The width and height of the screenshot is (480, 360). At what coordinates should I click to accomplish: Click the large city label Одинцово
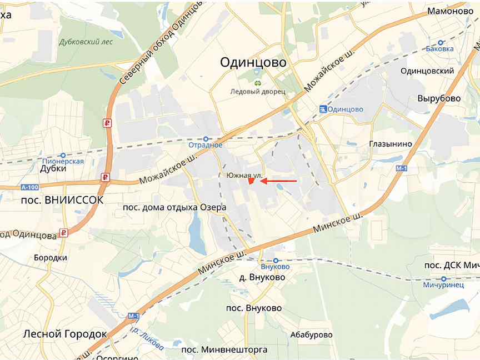click(253, 62)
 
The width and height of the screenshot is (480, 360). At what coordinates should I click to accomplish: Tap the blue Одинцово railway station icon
click(323, 109)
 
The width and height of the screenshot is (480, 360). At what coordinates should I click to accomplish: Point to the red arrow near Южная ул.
click(279, 181)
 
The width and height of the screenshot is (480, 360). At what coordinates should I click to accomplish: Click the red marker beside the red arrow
click(251, 181)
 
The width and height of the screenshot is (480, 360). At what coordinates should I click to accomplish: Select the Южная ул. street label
click(244, 175)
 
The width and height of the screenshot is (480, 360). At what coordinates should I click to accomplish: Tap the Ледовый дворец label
click(258, 91)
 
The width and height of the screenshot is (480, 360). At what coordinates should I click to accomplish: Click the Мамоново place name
click(450, 11)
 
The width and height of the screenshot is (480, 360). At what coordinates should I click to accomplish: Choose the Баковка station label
click(440, 48)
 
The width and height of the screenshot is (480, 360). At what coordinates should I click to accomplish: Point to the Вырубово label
click(439, 98)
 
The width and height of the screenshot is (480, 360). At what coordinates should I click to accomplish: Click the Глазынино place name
click(391, 144)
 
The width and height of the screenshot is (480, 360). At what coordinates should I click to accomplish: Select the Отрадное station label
click(206, 145)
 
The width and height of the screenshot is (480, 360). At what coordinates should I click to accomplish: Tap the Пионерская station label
click(63, 161)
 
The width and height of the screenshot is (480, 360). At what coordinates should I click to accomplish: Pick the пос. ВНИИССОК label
click(62, 199)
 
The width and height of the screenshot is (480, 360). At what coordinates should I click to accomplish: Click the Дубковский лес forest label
click(86, 42)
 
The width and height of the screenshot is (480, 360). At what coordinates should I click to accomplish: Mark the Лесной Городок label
click(64, 334)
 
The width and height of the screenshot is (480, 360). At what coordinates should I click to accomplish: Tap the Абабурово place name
click(311, 334)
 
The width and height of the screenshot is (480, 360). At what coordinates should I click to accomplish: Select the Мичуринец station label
click(443, 285)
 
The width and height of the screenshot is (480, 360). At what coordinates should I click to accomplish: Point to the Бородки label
click(51, 258)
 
